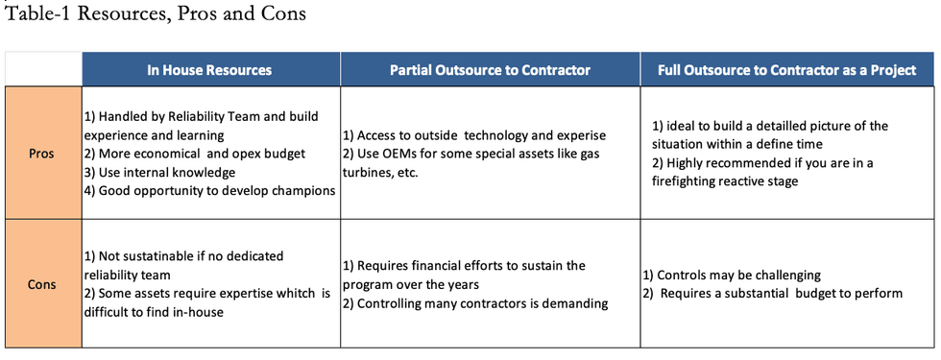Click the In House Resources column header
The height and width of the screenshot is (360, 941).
click(x=209, y=70)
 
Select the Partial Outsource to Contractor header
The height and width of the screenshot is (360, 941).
click(x=490, y=70)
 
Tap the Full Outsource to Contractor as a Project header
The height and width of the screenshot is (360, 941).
click(x=786, y=70)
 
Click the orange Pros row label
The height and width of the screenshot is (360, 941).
click(x=41, y=154)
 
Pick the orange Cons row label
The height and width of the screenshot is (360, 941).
click(x=41, y=284)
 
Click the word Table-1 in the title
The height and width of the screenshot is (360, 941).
click(x=36, y=13)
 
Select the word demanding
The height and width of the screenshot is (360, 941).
click(x=582, y=303)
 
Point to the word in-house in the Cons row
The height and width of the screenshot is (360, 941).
click(x=200, y=313)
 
